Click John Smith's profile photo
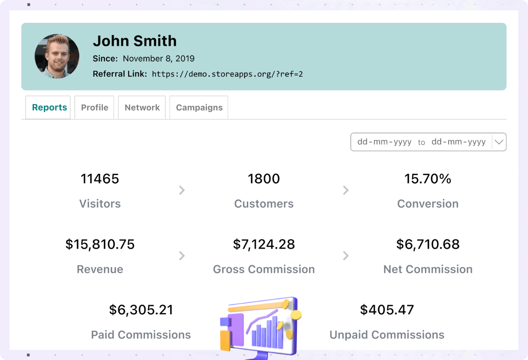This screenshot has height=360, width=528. (x=57, y=56)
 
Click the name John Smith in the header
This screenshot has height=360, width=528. (x=135, y=41)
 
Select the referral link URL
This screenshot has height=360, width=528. (x=227, y=74)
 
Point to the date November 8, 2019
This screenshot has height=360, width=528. (x=158, y=59)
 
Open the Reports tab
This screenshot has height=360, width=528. (x=49, y=107)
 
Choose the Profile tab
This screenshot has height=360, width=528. (x=95, y=107)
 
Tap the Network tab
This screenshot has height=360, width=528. (x=142, y=107)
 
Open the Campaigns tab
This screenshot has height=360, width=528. (x=199, y=107)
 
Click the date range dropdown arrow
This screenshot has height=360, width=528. (x=499, y=142)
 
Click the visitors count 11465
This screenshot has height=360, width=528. (x=100, y=179)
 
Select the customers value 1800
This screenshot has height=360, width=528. (x=264, y=179)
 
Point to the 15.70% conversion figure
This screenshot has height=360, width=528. (x=428, y=179)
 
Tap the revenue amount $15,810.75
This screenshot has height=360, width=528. (x=100, y=244)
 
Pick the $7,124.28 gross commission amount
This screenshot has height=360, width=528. (x=264, y=244)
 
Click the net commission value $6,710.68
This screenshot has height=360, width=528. (x=428, y=244)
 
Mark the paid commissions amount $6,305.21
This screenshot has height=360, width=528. (x=141, y=310)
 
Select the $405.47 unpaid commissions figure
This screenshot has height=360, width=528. (x=387, y=310)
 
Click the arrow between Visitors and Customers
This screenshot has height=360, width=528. (x=182, y=190)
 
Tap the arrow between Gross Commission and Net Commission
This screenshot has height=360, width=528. (x=346, y=256)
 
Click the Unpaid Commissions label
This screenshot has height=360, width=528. (x=387, y=335)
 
